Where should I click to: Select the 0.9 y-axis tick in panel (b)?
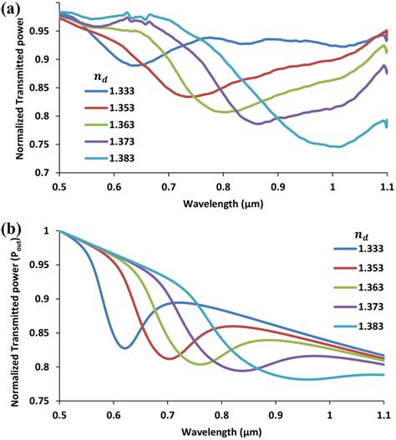click(47, 299)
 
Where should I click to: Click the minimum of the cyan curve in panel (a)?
click(335, 146)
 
